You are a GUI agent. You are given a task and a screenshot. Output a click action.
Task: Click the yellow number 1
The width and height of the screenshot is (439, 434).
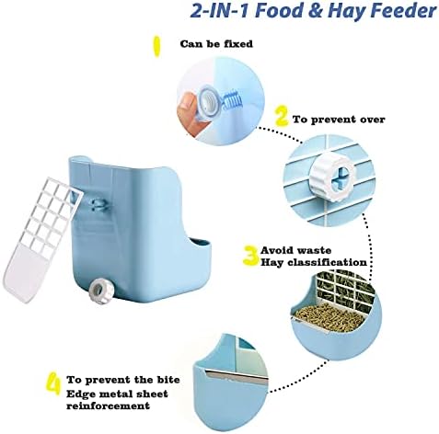pyautogui.click(x=156, y=47)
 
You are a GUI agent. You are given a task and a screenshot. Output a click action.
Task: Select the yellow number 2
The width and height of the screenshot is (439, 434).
pyautogui.click(x=282, y=116)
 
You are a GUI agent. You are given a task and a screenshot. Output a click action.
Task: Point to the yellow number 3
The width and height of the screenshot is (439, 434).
pyautogui.click(x=251, y=255)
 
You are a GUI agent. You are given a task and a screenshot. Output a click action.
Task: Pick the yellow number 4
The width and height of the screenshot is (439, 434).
pyautogui.click(x=54, y=384)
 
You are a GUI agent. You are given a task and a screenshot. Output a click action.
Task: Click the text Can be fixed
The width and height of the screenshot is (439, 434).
pyautogui.click(x=216, y=44)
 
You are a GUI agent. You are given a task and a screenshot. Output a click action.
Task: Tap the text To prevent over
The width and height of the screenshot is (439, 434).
pyautogui.click(x=339, y=120)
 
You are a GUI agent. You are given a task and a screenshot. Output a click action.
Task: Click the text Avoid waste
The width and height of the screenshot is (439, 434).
pyautogui.click(x=295, y=250)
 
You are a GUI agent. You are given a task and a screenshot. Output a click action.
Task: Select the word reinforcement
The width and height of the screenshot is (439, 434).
pyautogui.click(x=109, y=406)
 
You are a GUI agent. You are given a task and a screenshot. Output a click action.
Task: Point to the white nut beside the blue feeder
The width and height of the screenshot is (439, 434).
pyautogui.click(x=99, y=291)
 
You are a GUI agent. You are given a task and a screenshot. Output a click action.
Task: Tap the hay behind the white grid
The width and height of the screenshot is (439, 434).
pyautogui.click(x=345, y=286)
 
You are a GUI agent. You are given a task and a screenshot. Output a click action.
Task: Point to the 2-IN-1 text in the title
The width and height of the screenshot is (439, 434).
pyautogui.click(x=220, y=11)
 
